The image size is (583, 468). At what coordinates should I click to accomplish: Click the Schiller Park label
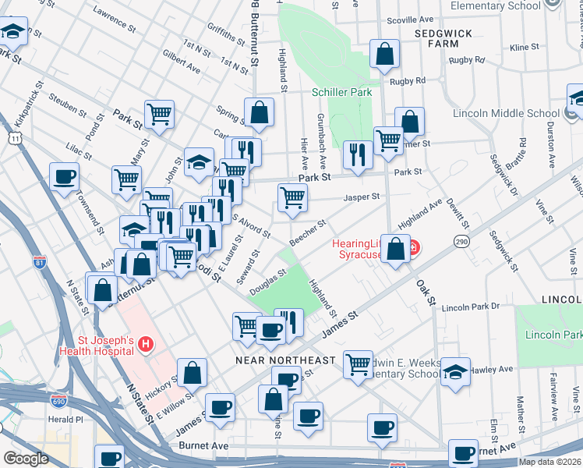pos(341,92)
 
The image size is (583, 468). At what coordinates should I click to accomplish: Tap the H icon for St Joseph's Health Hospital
pos(146,343)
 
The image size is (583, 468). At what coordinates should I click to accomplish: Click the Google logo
pos(26,459)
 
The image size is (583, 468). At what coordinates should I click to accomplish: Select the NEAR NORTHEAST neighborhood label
pos(286,360)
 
